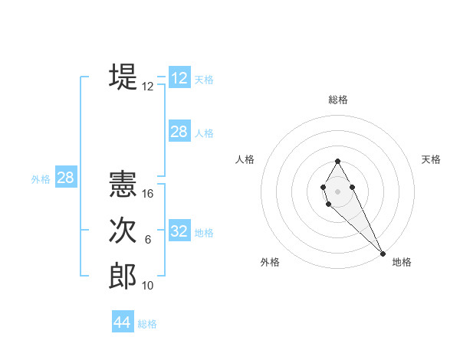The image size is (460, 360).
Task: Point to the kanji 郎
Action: pos(123,276)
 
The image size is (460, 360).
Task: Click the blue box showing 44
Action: pos(123,322)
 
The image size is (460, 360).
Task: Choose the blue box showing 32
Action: pos(179,231)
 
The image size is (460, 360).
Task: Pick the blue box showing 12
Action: pos(179,78)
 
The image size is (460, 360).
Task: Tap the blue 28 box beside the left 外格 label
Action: pos(65,178)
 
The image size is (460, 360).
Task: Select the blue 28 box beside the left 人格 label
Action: pos(179,132)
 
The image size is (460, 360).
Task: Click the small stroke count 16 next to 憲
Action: pos(149,194)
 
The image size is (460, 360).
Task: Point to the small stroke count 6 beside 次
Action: pos(148,241)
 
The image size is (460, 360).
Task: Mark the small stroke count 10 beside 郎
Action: pos(149,286)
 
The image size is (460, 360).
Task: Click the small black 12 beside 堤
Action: pos(148,87)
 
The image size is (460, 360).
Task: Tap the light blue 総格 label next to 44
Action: pos(147,324)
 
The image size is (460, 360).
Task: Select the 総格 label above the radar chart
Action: pos(338,100)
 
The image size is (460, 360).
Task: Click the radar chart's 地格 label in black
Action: pos(402,262)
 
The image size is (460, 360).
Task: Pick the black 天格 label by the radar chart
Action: pos(432,159)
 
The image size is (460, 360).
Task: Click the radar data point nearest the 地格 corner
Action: pos(383,254)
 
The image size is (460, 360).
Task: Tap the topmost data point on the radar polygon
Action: pos(337,161)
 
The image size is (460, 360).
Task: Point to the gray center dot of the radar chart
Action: pos(337,190)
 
